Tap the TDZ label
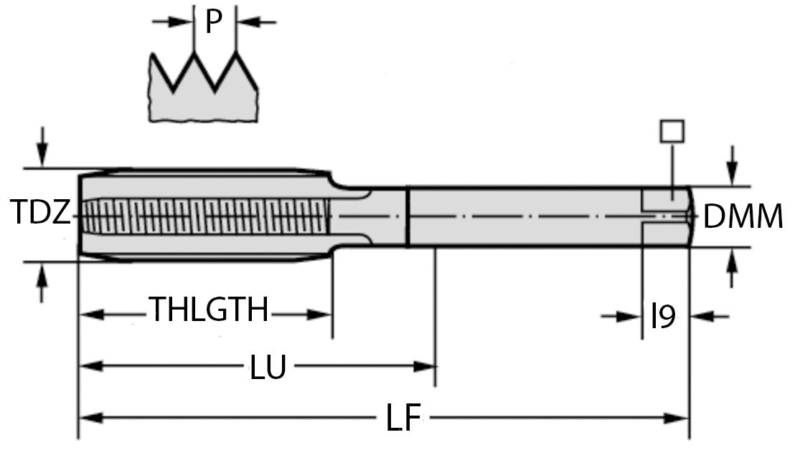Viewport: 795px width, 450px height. tap(40, 213)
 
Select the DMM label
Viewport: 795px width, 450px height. tap(743, 216)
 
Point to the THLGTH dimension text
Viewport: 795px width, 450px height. tap(209, 310)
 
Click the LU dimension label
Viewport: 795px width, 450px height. tap(268, 368)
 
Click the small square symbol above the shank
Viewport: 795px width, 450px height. tap(672, 131)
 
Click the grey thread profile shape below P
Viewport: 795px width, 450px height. tap(204, 100)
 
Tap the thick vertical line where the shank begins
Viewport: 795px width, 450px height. tap(408, 216)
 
